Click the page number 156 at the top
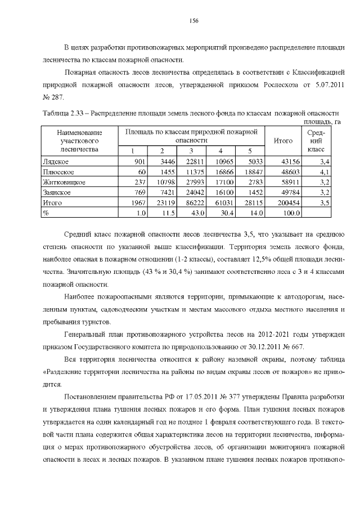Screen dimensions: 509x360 (193, 20)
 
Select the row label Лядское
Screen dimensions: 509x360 (56, 161)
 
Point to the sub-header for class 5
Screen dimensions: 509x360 (250, 151)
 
